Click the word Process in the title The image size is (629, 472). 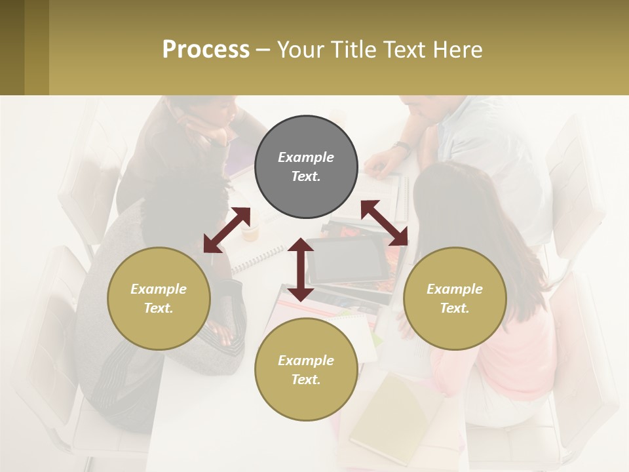206,50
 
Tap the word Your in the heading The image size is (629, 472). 301,50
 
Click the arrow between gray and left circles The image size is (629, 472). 227,230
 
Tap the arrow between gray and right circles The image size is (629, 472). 385,223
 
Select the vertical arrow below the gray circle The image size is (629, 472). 301,269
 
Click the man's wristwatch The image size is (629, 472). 402,147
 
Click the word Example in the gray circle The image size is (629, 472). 306,157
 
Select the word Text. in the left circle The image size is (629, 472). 159,308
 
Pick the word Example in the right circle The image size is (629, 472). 455,289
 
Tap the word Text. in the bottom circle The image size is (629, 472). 306,380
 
